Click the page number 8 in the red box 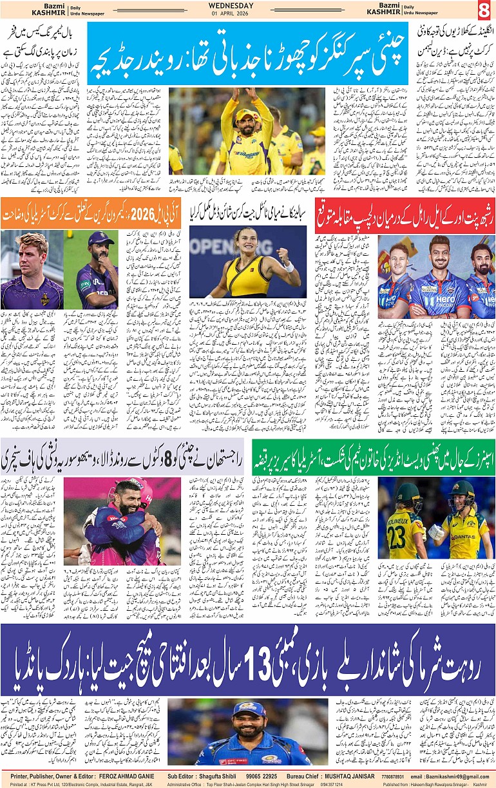click(484, 11)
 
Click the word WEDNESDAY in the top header click(231, 6)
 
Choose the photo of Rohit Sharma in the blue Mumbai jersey click(247, 731)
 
